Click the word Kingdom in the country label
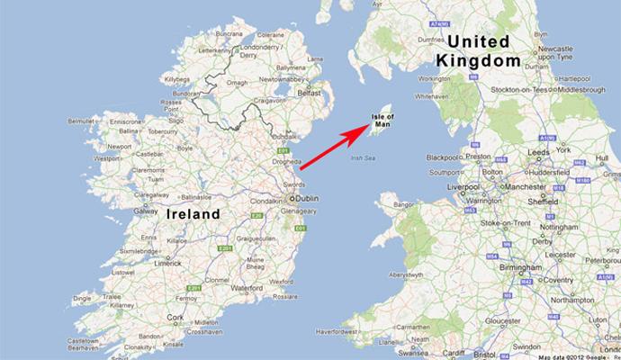pos(478,60)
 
